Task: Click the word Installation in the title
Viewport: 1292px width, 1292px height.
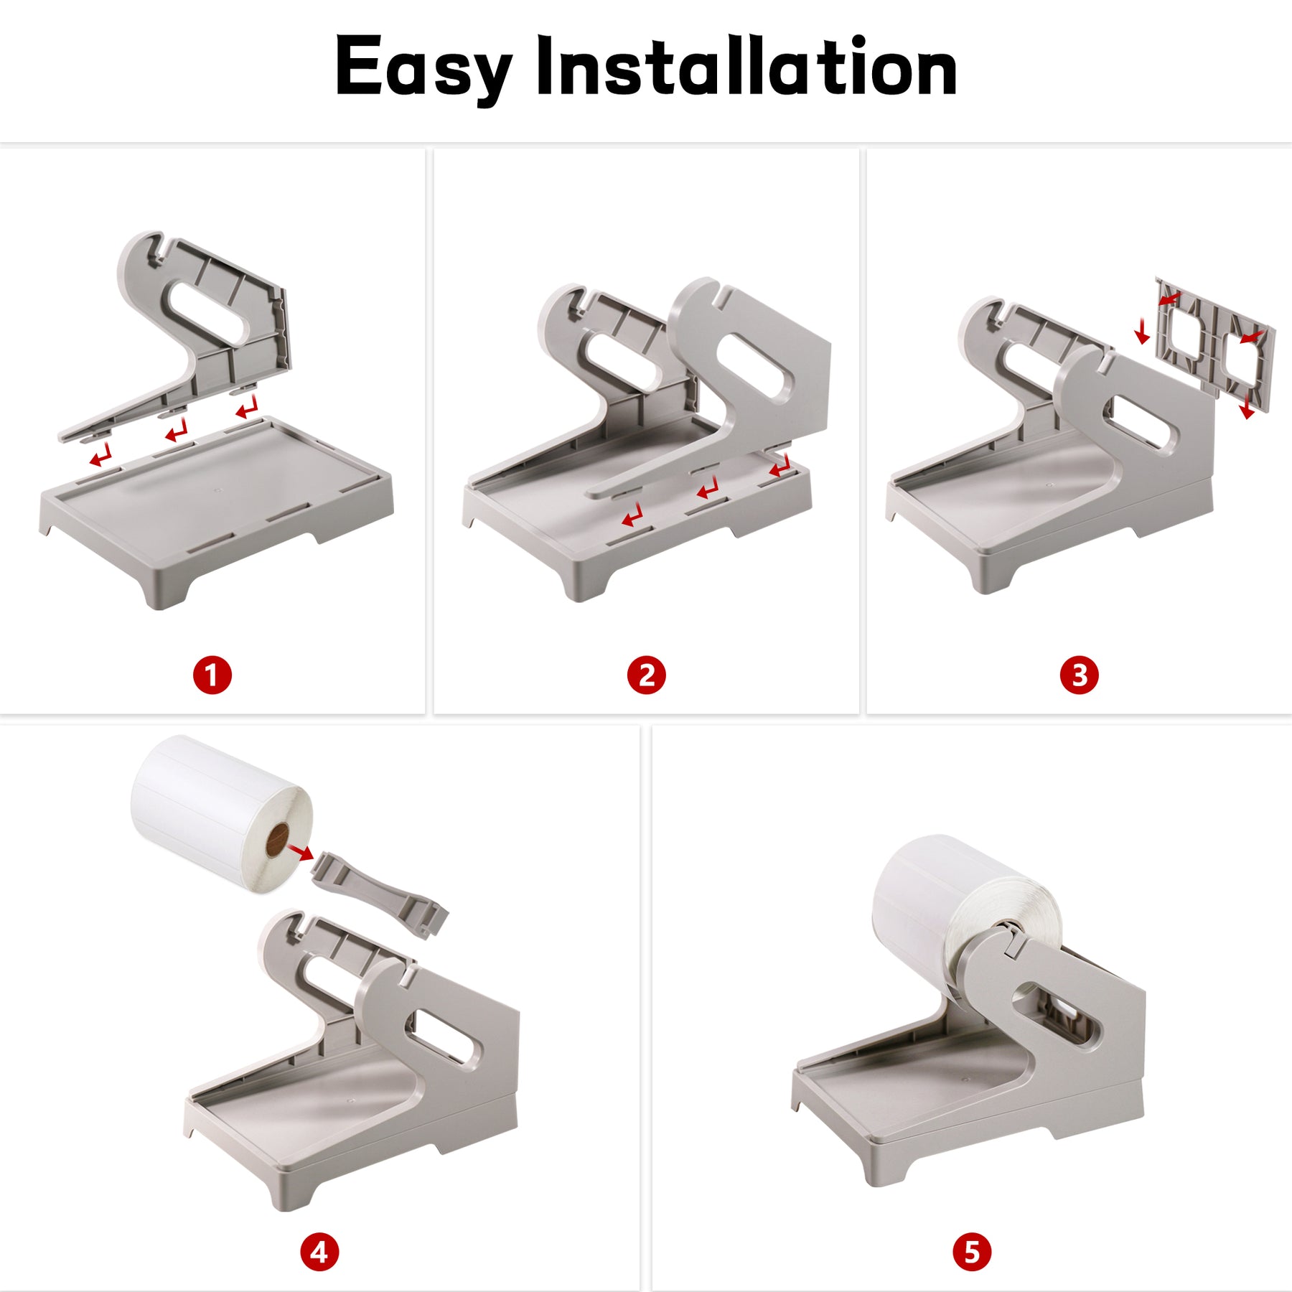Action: pos(746,65)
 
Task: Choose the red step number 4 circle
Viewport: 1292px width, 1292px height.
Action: pos(319,1253)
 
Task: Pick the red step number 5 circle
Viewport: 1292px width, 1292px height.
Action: pos(972,1253)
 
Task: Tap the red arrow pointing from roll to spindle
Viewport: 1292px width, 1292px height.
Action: pos(300,852)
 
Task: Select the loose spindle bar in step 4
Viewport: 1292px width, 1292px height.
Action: pos(380,893)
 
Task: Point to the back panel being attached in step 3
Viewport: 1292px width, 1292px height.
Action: pos(1214,345)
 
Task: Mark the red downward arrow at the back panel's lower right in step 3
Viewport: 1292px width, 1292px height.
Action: pos(1247,404)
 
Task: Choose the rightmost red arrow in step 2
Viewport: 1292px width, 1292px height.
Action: pos(780,467)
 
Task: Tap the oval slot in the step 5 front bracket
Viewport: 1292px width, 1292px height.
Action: pos(1055,1013)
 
